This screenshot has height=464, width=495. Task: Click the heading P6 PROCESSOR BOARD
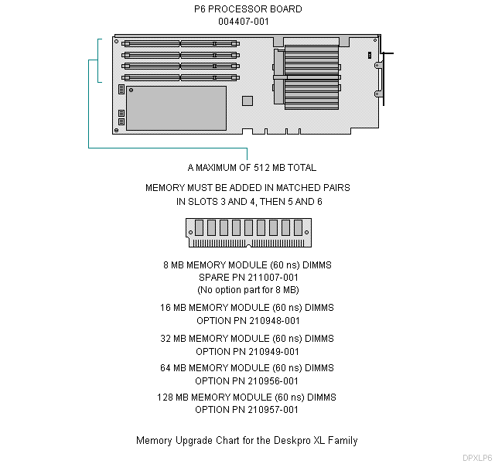pos(247,9)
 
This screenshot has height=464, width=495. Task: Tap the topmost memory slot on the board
pos(179,44)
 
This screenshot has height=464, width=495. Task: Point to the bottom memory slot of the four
pos(179,77)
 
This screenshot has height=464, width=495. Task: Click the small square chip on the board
pos(247,101)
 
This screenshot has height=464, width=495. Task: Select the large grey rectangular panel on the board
pos(176,107)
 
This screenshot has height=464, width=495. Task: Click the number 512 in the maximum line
pos(265,167)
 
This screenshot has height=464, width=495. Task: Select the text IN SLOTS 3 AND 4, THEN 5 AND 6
pos(247,202)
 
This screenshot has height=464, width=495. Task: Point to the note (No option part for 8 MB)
pos(247,290)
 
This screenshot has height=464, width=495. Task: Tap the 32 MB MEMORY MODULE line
pos(247,338)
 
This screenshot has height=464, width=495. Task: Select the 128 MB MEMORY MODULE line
pos(247,397)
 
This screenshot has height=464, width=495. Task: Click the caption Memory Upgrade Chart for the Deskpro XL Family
pos(247,441)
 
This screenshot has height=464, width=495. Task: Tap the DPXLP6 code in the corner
pos(476,458)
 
